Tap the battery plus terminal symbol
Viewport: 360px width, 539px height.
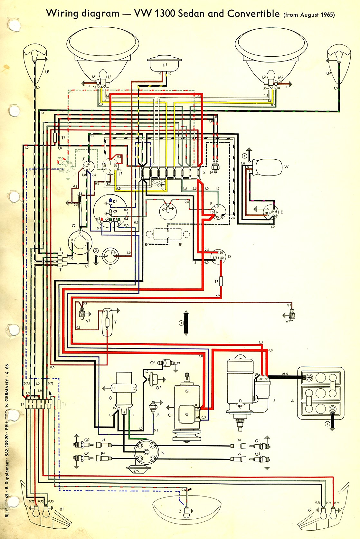(x=308, y=377)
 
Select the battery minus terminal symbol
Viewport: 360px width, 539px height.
(x=332, y=409)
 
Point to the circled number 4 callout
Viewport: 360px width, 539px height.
(x=245, y=156)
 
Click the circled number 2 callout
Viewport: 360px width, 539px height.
(x=96, y=251)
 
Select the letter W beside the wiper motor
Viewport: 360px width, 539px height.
(x=286, y=167)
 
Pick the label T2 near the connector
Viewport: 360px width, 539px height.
(x=63, y=137)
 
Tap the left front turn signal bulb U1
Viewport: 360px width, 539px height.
(x=35, y=57)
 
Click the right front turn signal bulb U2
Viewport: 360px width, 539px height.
(x=338, y=57)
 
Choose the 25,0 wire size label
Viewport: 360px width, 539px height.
(x=285, y=374)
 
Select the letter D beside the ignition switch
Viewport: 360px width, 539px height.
(x=229, y=257)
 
